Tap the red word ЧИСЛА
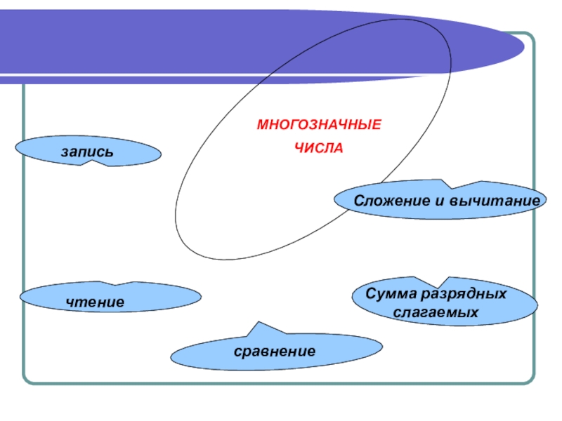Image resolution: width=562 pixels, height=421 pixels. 318,149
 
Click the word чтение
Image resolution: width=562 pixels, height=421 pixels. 95,302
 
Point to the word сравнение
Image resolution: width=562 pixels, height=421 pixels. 275,350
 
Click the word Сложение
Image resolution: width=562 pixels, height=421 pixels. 389,201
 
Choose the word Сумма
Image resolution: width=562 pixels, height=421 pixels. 391,294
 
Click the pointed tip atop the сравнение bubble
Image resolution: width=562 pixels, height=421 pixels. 256,325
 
